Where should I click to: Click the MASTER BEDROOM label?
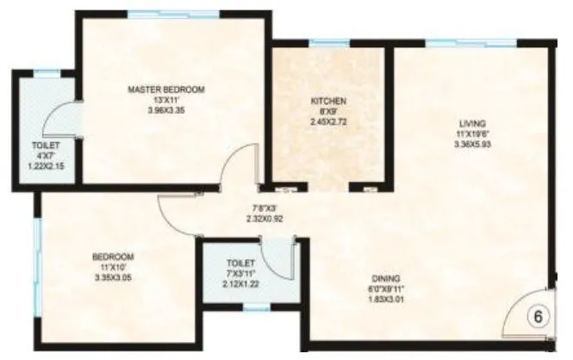pos(165,90)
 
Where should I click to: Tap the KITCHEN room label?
pos(328,101)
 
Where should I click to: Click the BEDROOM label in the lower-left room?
pos(114,257)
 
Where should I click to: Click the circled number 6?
pos(537,315)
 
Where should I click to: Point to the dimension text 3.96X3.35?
pos(165,110)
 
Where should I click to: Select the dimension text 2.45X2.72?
pos(328,122)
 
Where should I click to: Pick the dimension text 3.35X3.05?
pos(114,277)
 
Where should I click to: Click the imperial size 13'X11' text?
pos(165,100)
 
